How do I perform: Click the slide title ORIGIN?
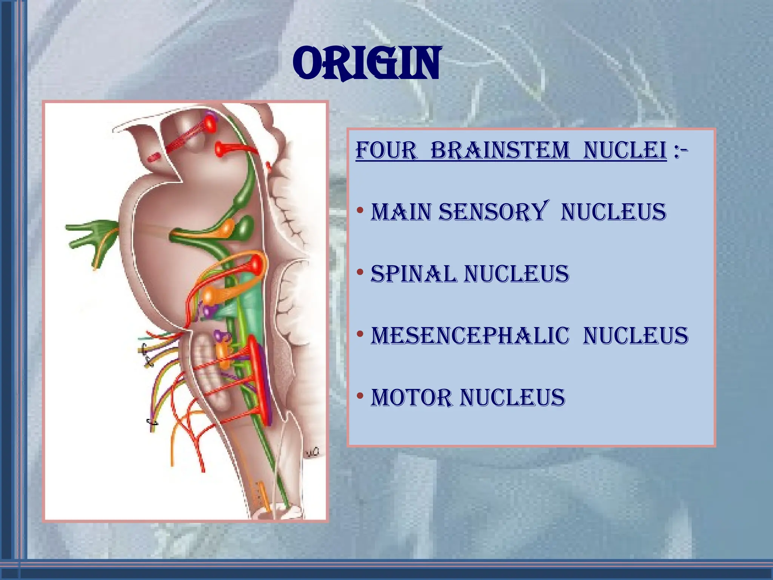[366, 63]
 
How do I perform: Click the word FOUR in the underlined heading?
[386, 150]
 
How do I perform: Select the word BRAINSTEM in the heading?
[500, 150]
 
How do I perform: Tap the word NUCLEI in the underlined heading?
[625, 150]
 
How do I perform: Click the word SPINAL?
[413, 274]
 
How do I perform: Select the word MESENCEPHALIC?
[470, 336]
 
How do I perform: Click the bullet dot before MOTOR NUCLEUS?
[360, 396]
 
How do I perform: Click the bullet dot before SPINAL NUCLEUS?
[360, 272]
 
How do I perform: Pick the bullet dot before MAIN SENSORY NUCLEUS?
[360, 210]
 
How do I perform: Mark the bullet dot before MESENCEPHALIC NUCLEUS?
[360, 334]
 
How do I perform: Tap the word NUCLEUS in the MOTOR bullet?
[512, 398]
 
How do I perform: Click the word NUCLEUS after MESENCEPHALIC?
[636, 336]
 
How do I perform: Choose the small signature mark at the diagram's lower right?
[312, 452]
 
